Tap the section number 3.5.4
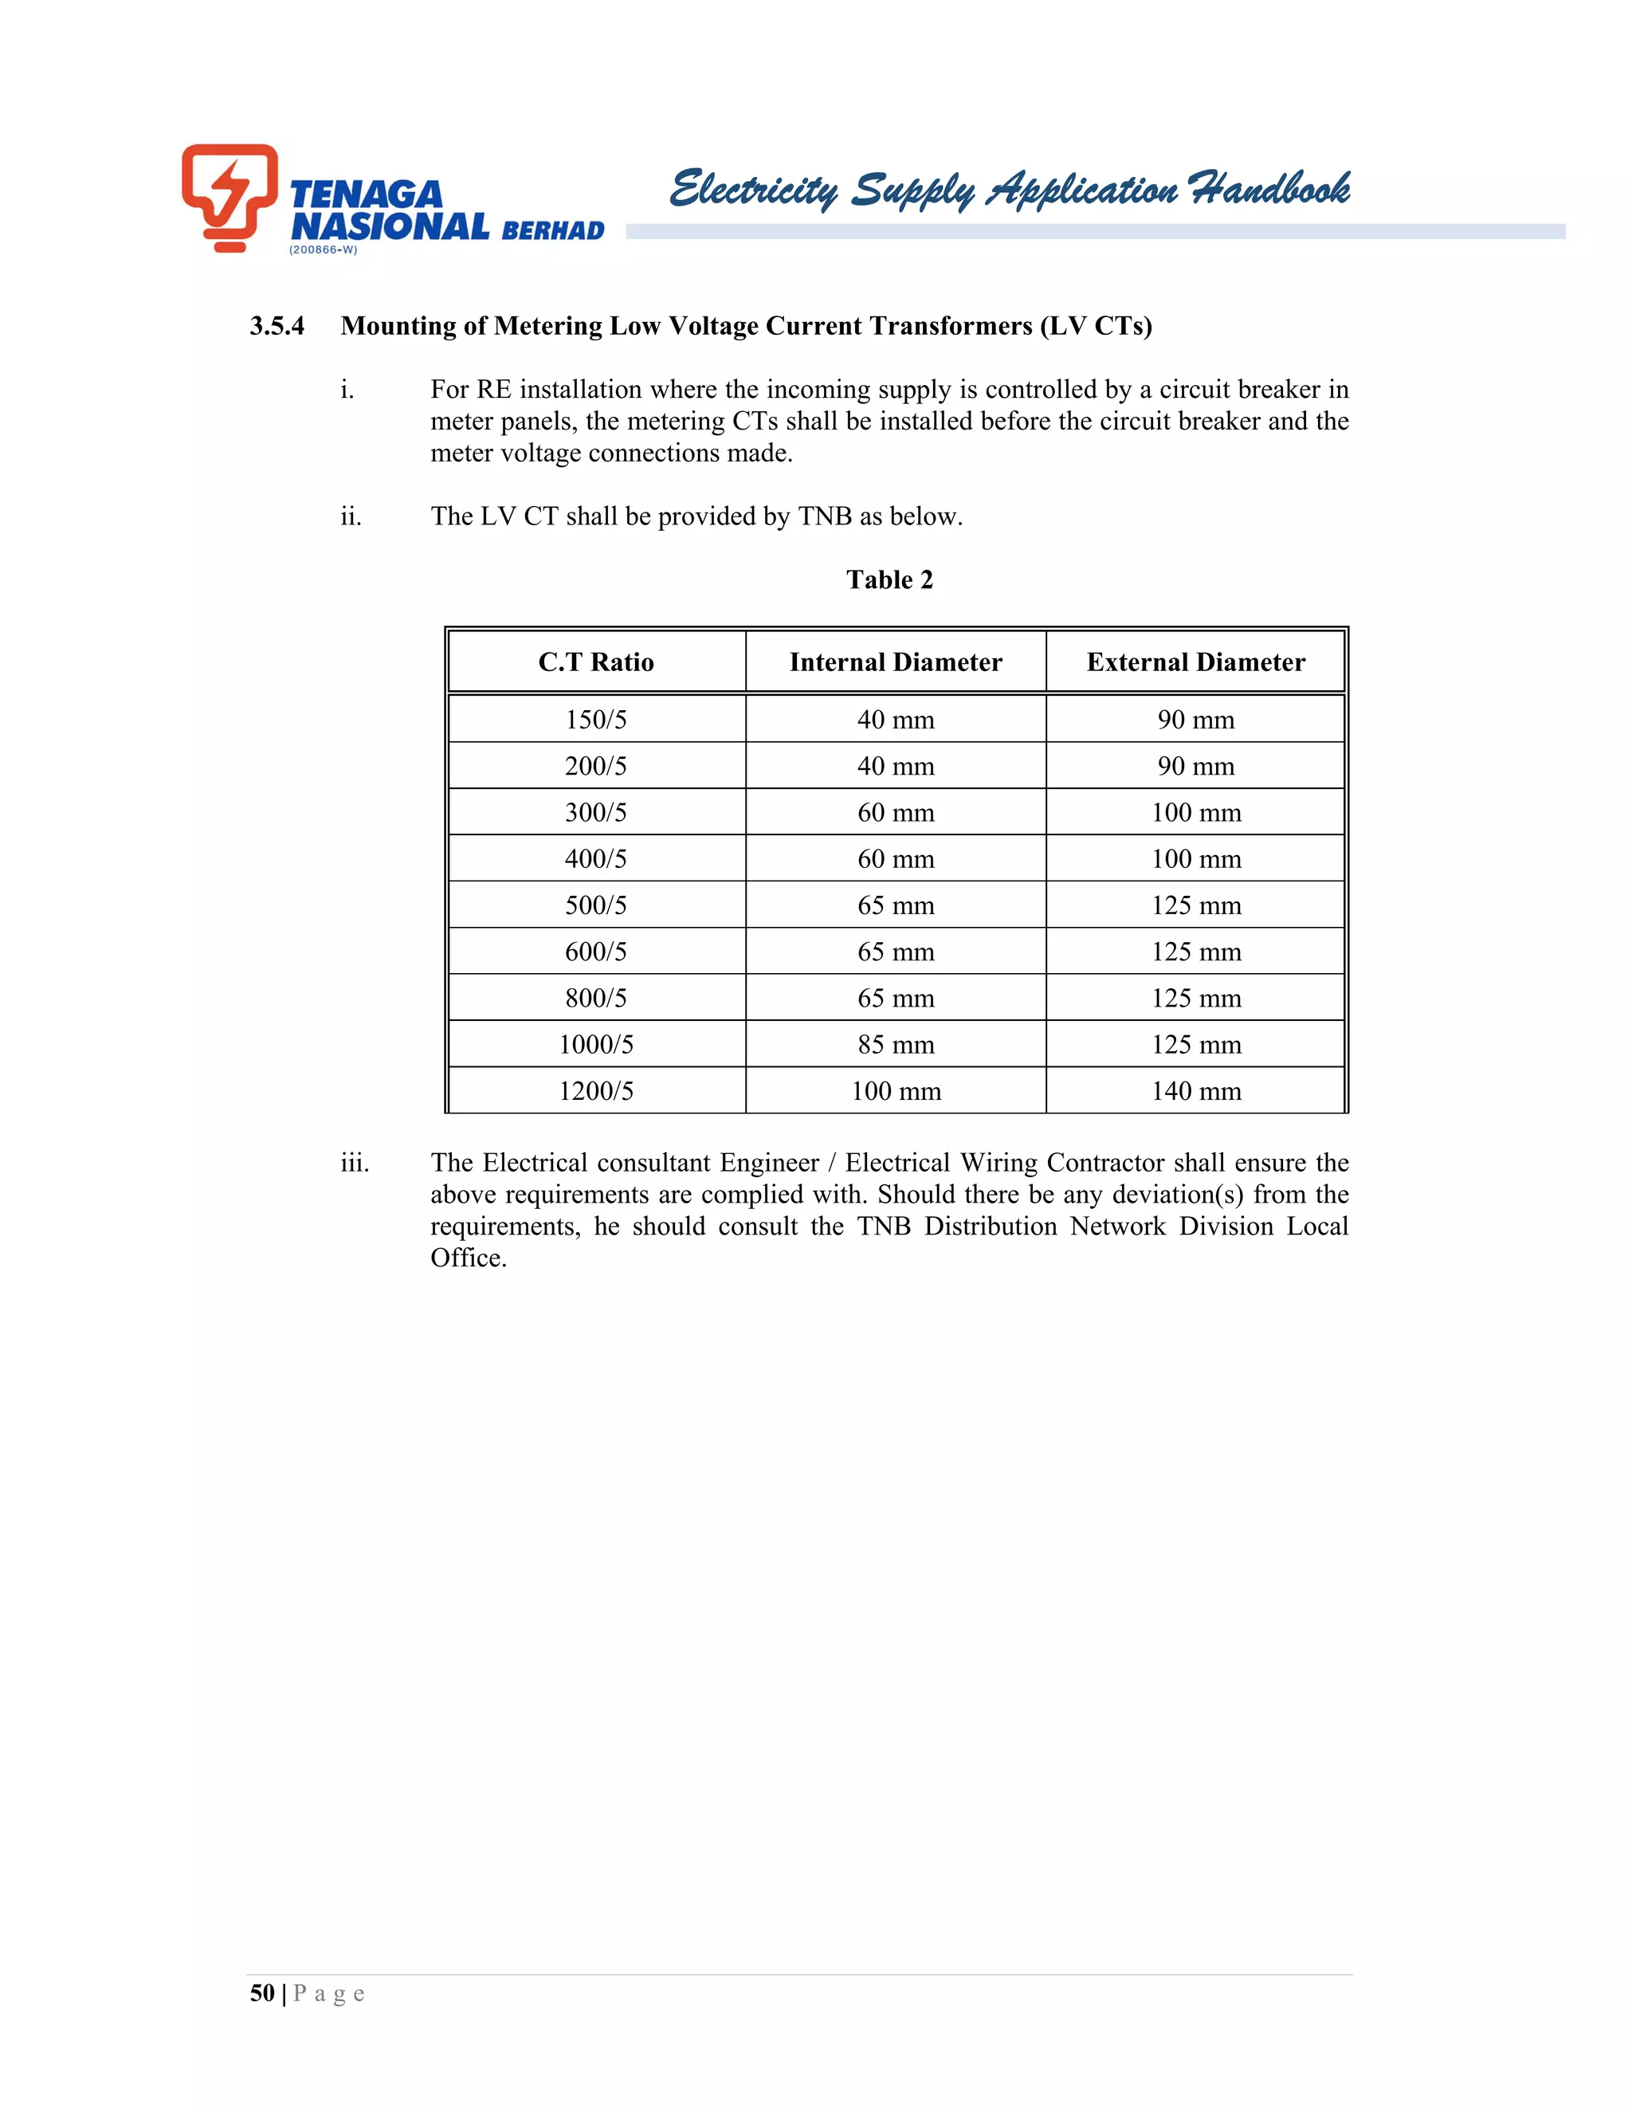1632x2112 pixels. coord(277,326)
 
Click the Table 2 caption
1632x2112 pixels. coord(889,579)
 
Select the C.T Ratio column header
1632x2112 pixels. coord(595,662)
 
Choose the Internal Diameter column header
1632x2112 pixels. coord(895,662)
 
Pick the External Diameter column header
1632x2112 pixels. coord(1196,662)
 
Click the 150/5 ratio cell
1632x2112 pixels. coord(595,720)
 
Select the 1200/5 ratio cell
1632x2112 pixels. coord(595,1091)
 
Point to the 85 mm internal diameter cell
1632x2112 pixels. coord(895,1044)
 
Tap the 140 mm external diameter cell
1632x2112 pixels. coord(1196,1091)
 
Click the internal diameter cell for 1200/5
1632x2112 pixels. coord(895,1091)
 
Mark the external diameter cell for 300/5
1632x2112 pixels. coord(1196,812)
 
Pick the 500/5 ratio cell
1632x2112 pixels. coord(595,905)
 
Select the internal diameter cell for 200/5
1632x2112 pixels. coord(895,766)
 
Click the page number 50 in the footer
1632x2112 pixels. coord(262,1993)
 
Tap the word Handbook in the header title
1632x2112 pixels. coord(1269,189)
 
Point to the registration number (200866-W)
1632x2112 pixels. coord(323,249)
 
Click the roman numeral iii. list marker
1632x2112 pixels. coord(355,1162)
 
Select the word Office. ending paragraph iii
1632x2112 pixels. coord(468,1258)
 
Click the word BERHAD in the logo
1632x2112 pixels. coord(553,230)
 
